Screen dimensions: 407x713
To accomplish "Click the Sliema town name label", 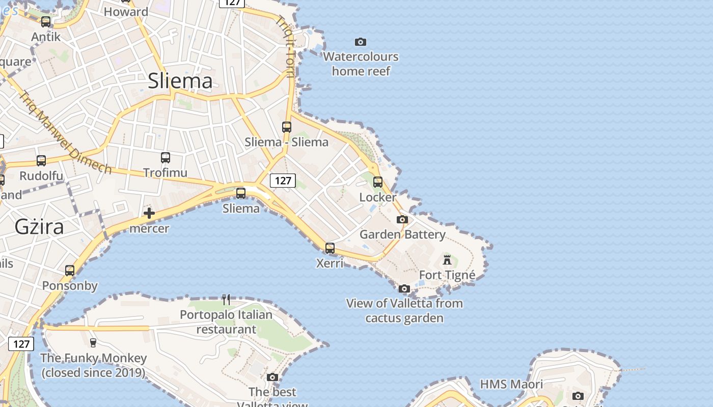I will [x=180, y=81].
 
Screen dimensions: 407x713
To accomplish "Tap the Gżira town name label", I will [x=39, y=226].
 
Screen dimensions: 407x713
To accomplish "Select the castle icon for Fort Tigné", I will [x=447, y=260].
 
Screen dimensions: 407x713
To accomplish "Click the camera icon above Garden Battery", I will [x=402, y=220].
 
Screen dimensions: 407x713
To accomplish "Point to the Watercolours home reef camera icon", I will [x=361, y=42].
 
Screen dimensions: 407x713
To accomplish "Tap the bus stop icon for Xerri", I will [x=330, y=248].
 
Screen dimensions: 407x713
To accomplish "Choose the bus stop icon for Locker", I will [x=378, y=182].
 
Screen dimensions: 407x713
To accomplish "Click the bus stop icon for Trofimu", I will [x=166, y=158].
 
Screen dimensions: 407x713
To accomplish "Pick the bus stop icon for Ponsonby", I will [x=70, y=271].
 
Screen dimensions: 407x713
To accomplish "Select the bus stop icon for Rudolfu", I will [x=41, y=161].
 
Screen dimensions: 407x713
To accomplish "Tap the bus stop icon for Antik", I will [x=46, y=22].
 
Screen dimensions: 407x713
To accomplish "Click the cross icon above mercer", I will [x=149, y=213].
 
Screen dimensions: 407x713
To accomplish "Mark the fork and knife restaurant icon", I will [x=227, y=299].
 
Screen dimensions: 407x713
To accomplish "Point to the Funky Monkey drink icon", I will [x=93, y=343].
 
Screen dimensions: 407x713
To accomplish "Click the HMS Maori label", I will [x=511, y=384].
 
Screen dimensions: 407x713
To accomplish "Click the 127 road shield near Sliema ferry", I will [x=283, y=180].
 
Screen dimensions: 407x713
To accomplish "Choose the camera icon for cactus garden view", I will [x=404, y=288].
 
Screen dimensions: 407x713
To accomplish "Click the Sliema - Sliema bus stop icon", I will [x=287, y=127].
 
